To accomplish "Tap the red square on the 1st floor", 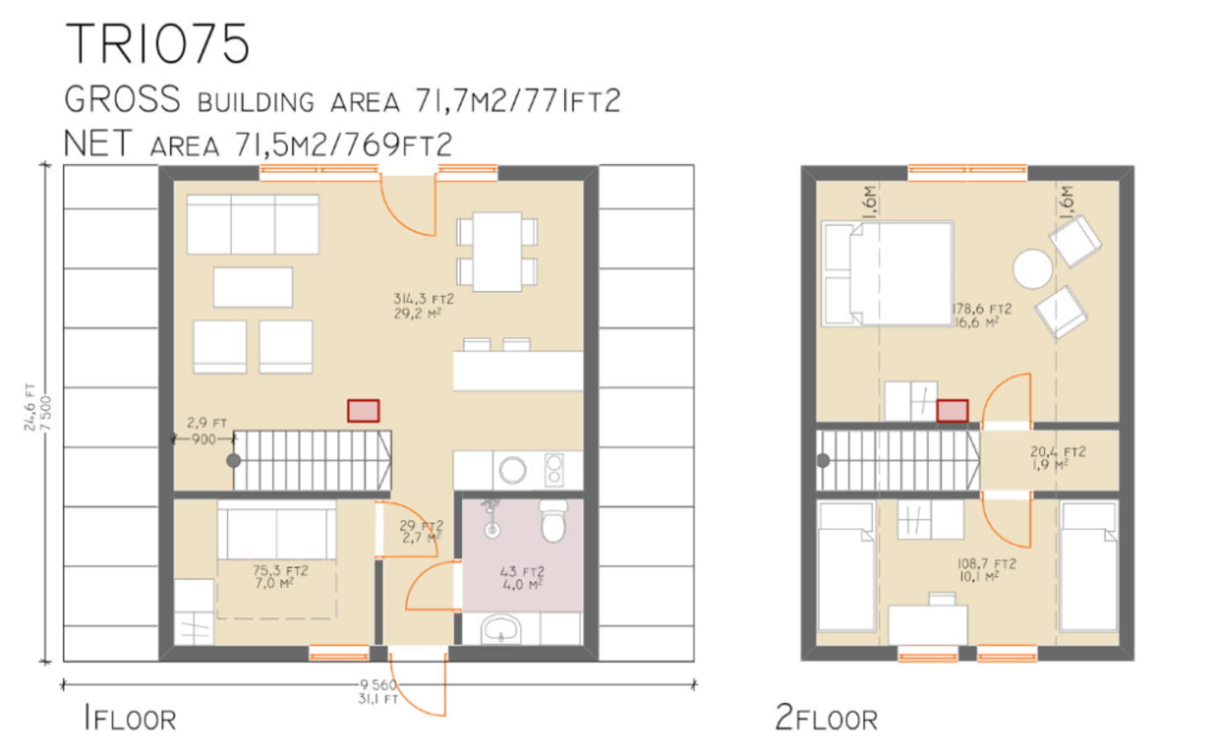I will [363, 411].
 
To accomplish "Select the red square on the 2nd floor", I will [952, 411].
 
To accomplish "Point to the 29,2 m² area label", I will [417, 314].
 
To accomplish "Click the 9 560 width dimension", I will [377, 685].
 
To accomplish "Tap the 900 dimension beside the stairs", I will [203, 439].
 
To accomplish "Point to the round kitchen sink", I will [512, 470].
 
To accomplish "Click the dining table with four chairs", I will [497, 251].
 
